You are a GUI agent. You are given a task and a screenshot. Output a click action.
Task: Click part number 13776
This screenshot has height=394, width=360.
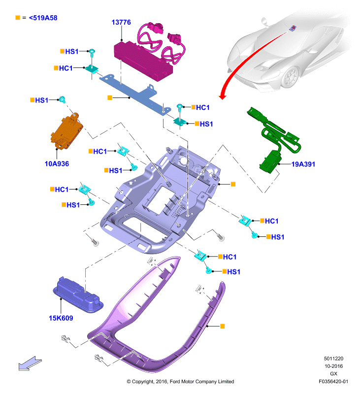tap(121, 22)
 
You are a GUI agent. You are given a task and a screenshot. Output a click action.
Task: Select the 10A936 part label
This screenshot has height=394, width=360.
tap(57, 164)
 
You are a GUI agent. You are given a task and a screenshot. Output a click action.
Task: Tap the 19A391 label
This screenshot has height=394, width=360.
tap(303, 164)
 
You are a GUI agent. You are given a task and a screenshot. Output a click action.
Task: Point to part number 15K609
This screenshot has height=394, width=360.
tap(61, 318)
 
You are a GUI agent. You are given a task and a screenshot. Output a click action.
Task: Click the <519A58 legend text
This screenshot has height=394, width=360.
tap(43, 18)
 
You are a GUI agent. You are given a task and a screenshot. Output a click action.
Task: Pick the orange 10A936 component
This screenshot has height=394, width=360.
tap(67, 132)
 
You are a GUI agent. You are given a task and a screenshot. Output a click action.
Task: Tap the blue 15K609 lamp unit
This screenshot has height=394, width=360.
tap(78, 295)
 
